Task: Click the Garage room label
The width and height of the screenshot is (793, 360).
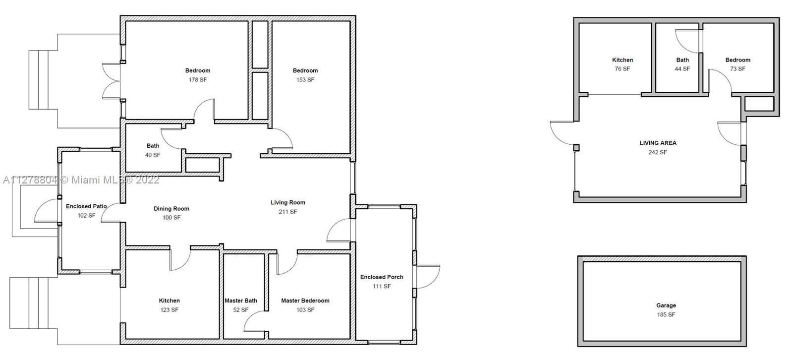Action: [666, 305]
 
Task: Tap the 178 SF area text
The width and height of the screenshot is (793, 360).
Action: [198, 80]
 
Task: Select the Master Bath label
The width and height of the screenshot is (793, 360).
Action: [241, 300]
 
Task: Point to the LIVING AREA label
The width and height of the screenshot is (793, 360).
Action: [658, 143]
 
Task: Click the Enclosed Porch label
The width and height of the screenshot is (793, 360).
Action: [382, 277]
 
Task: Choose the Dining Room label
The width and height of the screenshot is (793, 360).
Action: [171, 209]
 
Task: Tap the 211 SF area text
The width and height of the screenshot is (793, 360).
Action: [288, 212]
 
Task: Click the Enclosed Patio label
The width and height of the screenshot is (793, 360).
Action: [86, 206]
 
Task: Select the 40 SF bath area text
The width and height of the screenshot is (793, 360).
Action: [153, 155]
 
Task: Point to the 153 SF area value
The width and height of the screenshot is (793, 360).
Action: [305, 80]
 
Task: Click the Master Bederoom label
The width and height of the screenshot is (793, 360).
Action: [305, 300]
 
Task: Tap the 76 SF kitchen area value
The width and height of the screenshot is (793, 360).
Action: [623, 69]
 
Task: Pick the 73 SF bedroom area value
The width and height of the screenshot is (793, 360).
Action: [738, 69]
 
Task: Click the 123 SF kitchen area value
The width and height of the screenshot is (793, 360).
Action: [169, 310]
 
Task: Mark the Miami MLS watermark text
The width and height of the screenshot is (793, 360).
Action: [81, 180]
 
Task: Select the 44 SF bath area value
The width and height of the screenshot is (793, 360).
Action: [682, 69]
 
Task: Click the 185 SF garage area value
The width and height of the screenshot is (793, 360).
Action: [666, 315]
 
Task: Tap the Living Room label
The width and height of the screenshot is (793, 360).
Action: [288, 203]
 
